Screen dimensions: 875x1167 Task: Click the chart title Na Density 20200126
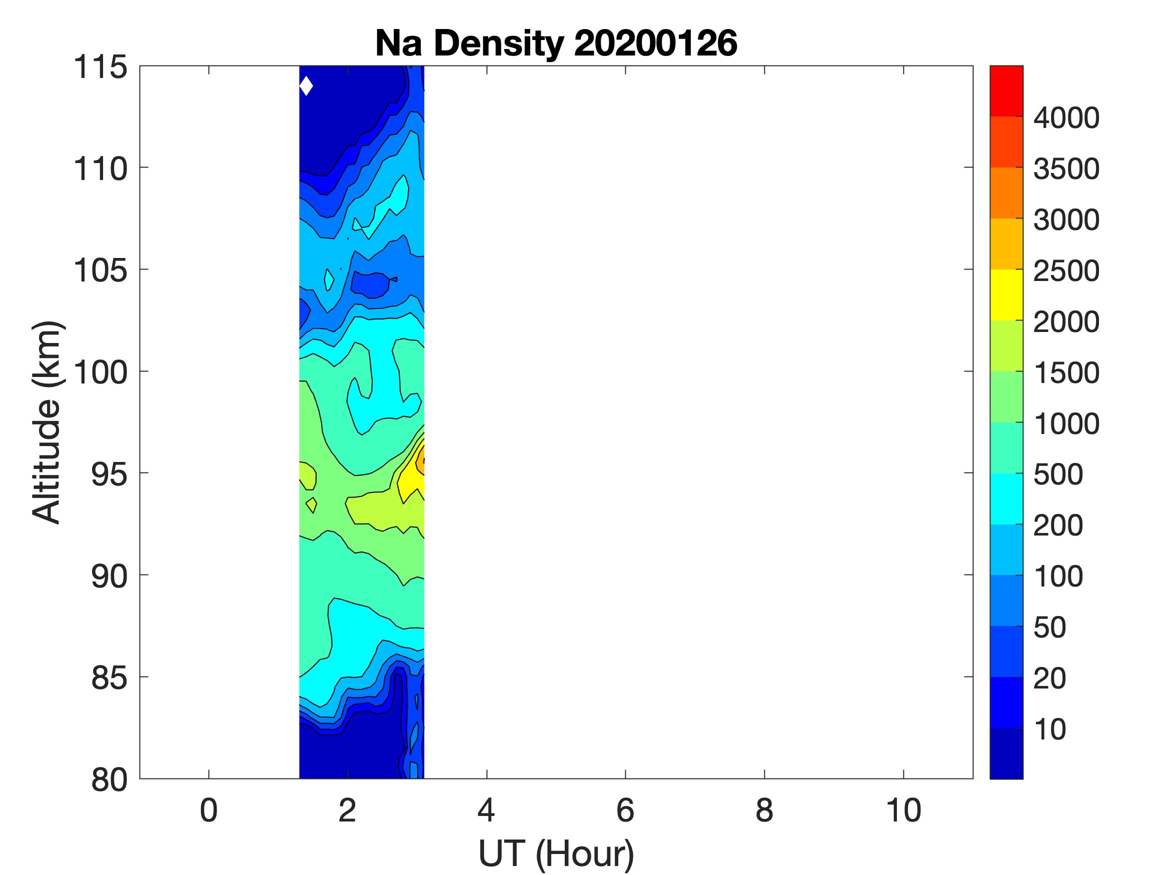[x=556, y=43]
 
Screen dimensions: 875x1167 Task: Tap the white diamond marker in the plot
[x=306, y=86]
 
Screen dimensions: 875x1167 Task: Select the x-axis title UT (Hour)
[x=556, y=853]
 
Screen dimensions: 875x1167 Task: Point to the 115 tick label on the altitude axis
[x=100, y=67]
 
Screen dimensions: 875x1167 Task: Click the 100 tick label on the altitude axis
[x=100, y=372]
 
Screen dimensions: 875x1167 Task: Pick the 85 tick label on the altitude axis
[x=109, y=677]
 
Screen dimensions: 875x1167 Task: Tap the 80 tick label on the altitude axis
[x=109, y=779]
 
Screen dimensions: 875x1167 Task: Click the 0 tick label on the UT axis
[x=209, y=810]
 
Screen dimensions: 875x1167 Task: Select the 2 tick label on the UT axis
[x=347, y=810]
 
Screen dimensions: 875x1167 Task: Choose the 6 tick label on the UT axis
[x=625, y=810]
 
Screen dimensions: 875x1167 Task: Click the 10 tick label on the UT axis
[x=903, y=810]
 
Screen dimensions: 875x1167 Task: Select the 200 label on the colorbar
[x=1058, y=525]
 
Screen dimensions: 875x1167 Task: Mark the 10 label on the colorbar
[x=1050, y=729]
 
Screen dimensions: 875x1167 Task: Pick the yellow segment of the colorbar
[x=1006, y=295]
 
